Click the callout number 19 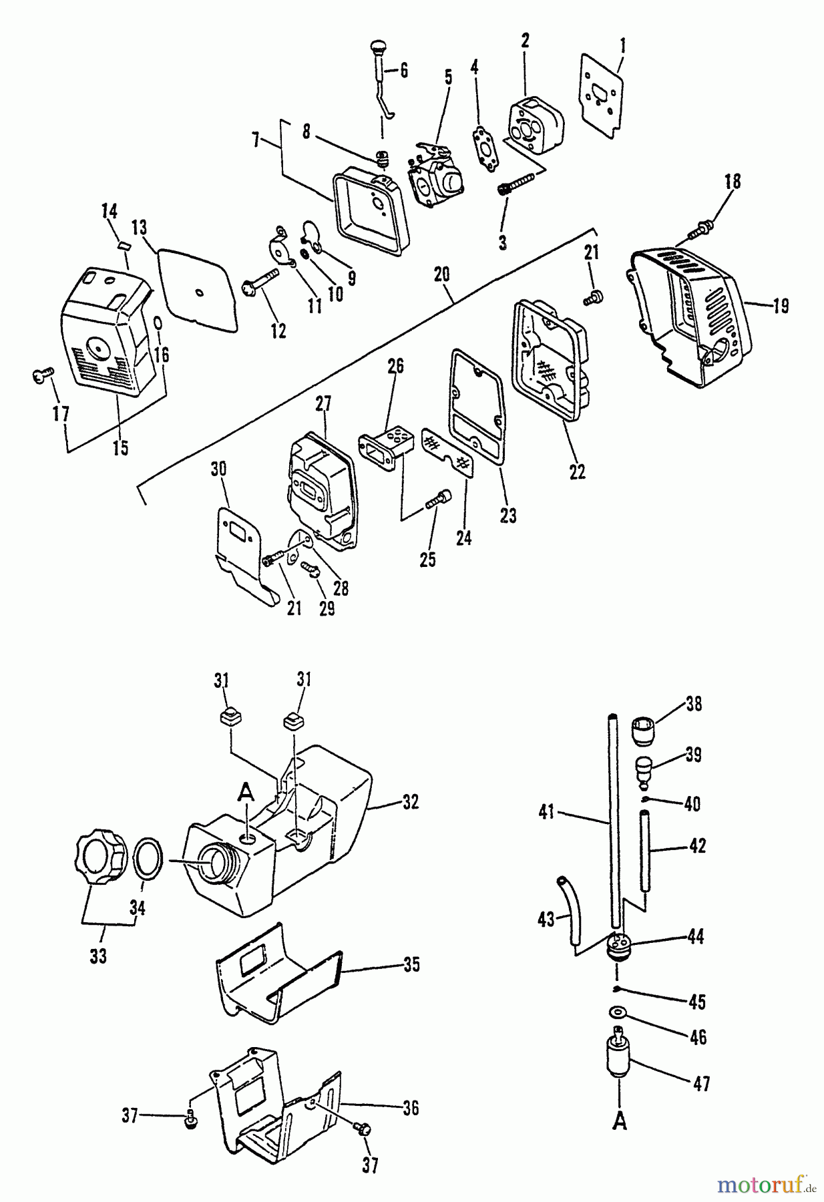point(780,307)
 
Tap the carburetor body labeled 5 point(438,177)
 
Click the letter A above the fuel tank point(246,793)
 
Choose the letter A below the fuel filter point(620,1124)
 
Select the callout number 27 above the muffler point(323,404)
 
